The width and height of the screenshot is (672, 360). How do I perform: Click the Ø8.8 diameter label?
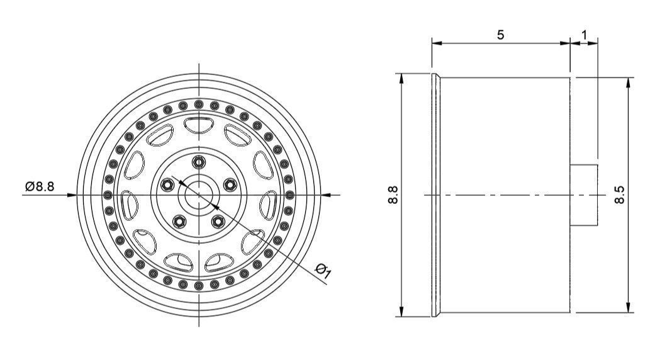[40, 187]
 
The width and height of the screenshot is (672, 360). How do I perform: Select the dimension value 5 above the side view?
[500, 35]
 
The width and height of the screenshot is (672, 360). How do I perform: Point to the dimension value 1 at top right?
[585, 35]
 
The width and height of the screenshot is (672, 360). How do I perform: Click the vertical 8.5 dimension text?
[620, 195]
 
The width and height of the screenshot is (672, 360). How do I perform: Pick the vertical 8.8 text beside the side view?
[393, 195]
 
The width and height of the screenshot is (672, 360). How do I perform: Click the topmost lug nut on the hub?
[199, 162]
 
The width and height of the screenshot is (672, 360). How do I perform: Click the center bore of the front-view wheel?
[199, 195]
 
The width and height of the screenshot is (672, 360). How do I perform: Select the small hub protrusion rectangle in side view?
[584, 195]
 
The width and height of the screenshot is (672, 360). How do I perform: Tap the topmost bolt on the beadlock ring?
[199, 103]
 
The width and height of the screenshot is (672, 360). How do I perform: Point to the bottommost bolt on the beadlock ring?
[199, 287]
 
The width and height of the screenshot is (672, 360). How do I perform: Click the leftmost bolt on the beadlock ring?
[107, 195]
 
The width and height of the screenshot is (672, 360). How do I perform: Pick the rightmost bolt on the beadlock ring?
[291, 195]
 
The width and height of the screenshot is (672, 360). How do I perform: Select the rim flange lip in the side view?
[435, 195]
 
